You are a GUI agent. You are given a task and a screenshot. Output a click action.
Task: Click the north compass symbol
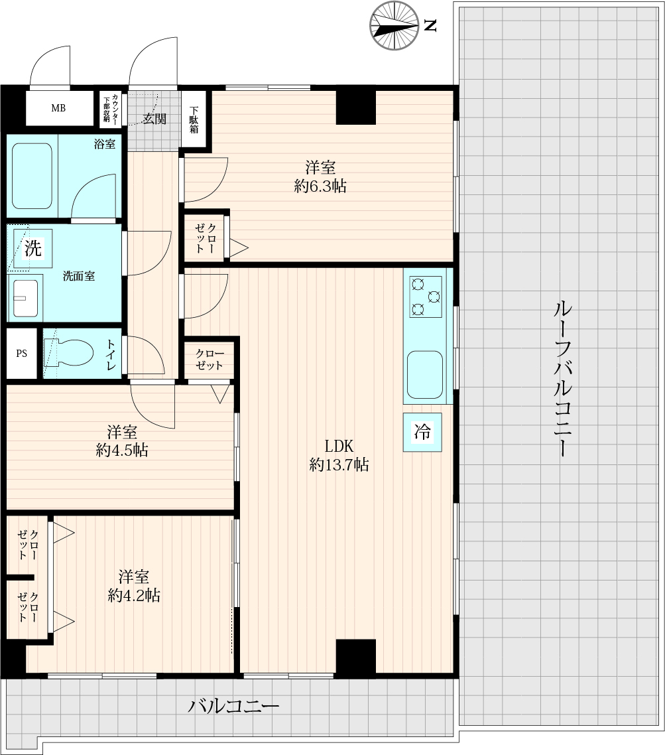(x=394, y=25)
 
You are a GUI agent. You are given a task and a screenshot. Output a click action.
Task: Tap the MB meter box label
(x=58, y=108)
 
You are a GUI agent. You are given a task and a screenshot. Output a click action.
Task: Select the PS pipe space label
(x=22, y=354)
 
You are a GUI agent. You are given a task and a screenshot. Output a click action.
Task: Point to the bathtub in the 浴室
(x=32, y=176)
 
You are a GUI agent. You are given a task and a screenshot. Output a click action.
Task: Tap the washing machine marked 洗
(x=32, y=248)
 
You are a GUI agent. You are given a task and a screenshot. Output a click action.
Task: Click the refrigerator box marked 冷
(x=422, y=432)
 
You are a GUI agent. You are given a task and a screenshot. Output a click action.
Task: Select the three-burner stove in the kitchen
(x=426, y=297)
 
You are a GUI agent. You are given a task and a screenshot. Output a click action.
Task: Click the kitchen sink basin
(x=425, y=375)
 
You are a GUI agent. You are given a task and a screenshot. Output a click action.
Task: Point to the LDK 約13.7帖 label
(x=339, y=455)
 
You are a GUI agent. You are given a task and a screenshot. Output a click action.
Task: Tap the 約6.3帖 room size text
(x=320, y=186)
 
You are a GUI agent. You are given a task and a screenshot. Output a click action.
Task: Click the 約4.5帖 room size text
(x=122, y=450)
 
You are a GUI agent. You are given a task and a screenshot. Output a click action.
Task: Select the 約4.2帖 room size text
(x=134, y=595)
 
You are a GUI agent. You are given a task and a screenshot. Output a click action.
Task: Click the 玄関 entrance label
(x=154, y=119)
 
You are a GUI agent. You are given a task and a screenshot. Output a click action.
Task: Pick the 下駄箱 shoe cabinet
(x=194, y=119)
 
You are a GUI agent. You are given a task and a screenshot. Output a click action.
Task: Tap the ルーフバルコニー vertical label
(x=562, y=378)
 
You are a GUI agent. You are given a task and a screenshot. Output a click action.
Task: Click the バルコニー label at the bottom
(x=233, y=707)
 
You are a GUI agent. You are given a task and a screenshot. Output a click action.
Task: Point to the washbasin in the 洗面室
(x=25, y=298)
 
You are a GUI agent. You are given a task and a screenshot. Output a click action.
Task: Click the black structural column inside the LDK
(x=355, y=658)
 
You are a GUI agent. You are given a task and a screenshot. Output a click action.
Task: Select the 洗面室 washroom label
(x=79, y=276)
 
